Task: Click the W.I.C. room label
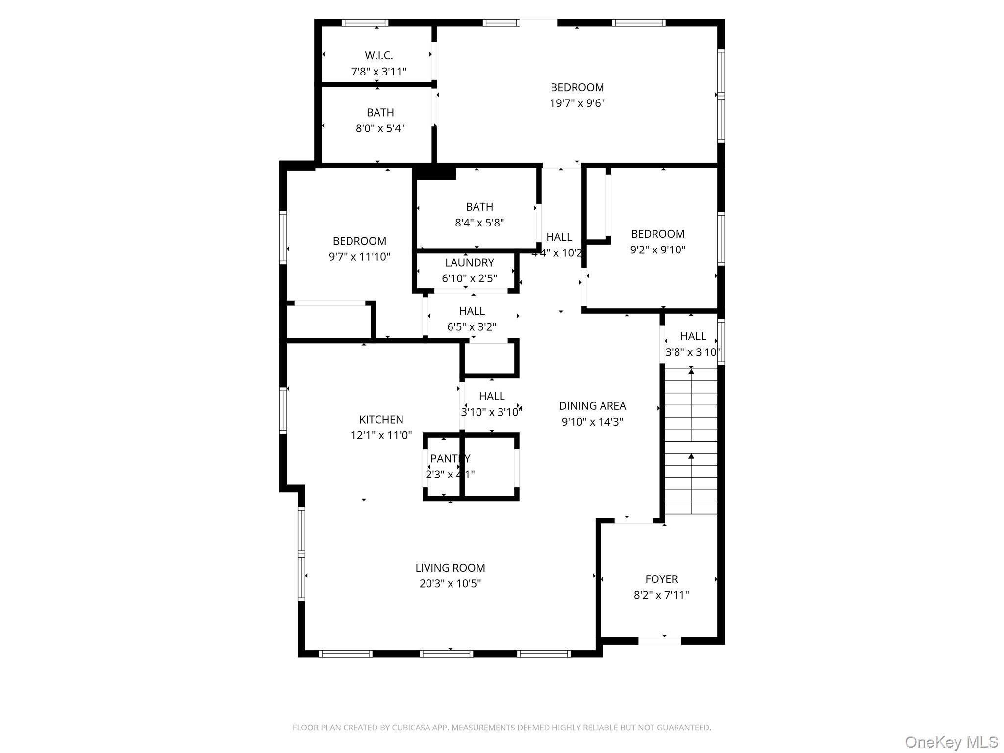coord(378,56)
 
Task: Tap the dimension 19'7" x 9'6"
coord(577,103)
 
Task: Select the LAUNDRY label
coord(469,263)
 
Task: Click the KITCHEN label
coord(381,420)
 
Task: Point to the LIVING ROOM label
coord(450,568)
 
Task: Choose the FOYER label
coord(661,579)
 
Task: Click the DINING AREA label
coord(592,406)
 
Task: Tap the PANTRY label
coord(450,459)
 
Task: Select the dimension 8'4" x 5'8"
coord(479,223)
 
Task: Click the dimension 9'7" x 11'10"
coord(359,257)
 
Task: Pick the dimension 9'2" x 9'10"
coord(657,250)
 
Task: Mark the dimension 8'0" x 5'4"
coord(380,128)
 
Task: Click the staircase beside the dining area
coord(691,441)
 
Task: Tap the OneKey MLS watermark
coord(951,742)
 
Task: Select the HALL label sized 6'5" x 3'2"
coord(472,311)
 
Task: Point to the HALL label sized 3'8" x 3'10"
coord(693,336)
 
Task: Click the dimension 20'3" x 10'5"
coord(450,584)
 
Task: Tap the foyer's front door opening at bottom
coord(659,640)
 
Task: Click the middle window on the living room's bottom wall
coord(446,653)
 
